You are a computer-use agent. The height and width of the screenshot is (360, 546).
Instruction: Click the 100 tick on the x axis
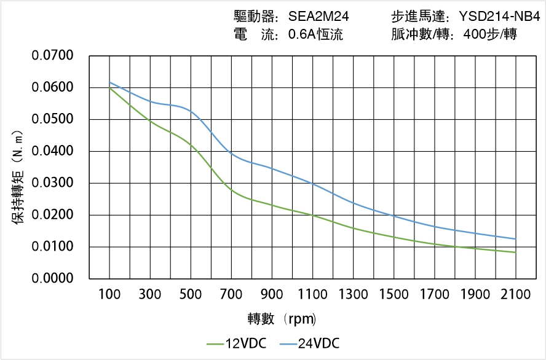point(109,294)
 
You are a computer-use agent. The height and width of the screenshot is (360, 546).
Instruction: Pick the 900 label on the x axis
point(272,294)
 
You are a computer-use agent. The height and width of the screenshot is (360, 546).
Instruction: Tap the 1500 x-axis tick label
point(394,294)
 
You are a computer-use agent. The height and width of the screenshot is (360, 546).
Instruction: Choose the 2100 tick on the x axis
point(515,294)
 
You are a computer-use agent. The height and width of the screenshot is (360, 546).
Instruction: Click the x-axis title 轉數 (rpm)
point(282,319)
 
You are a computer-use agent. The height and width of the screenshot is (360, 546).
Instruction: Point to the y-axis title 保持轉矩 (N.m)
point(18,178)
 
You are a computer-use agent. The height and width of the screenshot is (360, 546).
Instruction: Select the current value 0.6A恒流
point(315,34)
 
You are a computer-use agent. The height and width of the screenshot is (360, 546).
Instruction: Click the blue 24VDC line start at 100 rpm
point(109,82)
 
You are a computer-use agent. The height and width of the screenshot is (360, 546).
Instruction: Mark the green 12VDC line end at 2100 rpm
point(515,252)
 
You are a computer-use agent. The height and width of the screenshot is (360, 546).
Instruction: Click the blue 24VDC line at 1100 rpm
point(312,184)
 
